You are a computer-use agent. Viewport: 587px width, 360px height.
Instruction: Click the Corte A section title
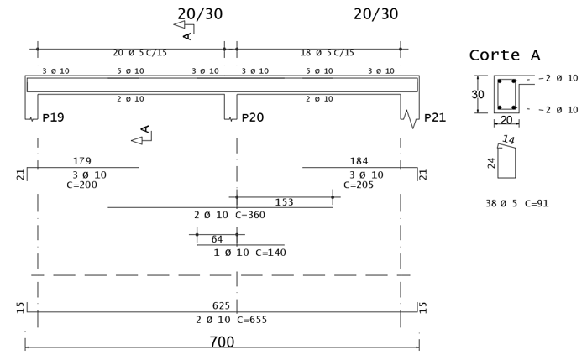(504, 56)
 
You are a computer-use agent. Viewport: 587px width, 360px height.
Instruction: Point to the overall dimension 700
(222, 342)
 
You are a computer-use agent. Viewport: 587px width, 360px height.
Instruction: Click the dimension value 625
(221, 306)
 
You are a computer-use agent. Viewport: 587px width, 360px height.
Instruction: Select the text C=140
(271, 253)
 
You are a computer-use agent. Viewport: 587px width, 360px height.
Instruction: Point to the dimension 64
(217, 239)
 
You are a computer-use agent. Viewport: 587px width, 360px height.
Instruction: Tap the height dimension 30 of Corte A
(477, 95)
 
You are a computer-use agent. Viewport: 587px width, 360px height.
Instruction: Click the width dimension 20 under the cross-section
(506, 120)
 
